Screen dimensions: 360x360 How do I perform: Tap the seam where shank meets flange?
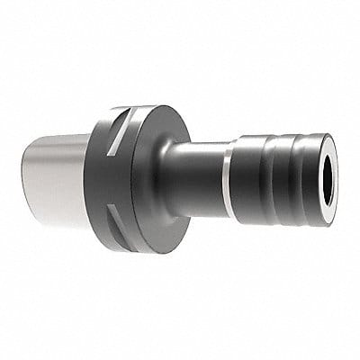tap(87, 175)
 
